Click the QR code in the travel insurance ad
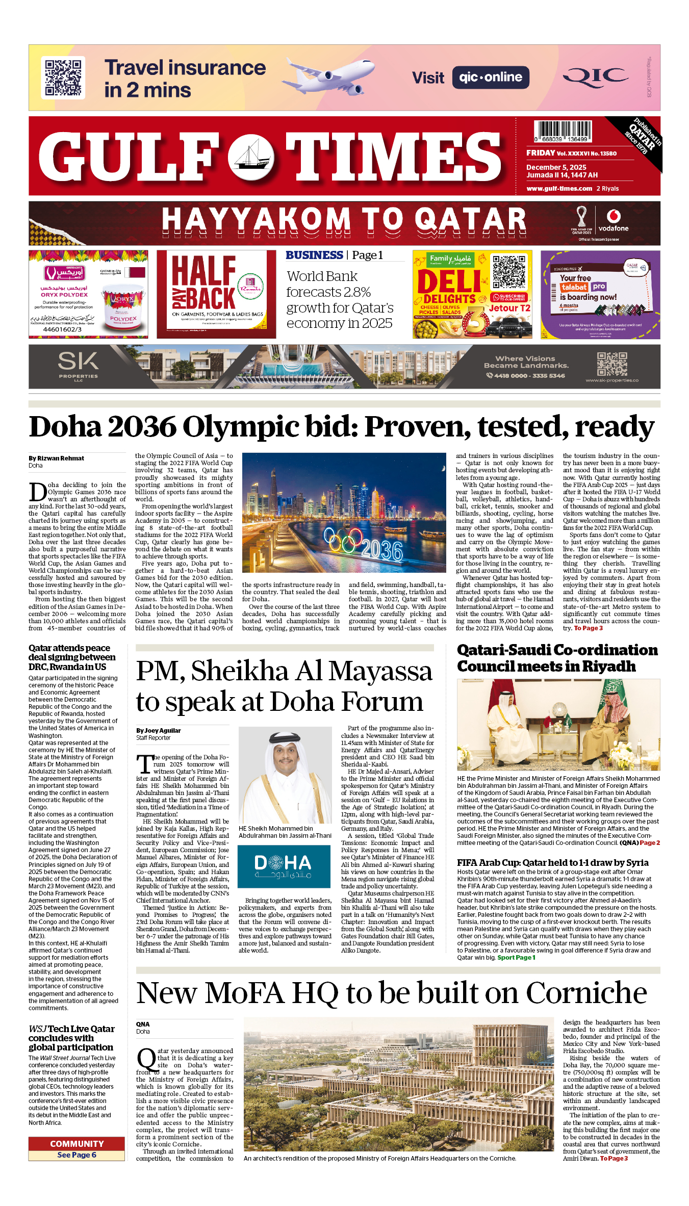click(63, 78)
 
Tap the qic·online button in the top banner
click(491, 78)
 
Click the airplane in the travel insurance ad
click(331, 75)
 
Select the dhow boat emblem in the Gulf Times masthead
click(250, 155)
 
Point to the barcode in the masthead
click(563, 131)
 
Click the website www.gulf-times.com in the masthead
click(559, 188)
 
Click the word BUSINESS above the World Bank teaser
click(314, 255)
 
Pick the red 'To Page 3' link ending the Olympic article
click(589, 628)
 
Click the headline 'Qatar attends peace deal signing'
click(72, 657)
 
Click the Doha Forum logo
click(284, 866)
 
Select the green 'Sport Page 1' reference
click(516, 958)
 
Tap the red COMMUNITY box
click(76, 1144)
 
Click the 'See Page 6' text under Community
click(76, 1155)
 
